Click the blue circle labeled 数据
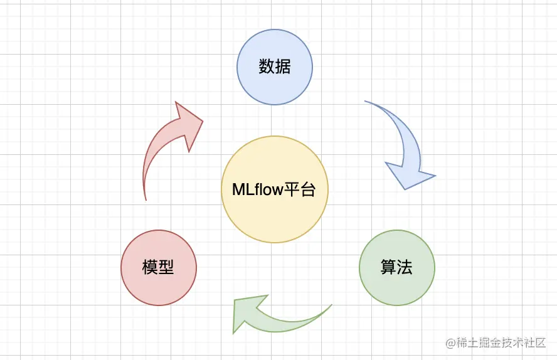point(274,67)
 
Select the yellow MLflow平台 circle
point(275,189)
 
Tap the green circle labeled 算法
point(396,268)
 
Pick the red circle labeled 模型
point(158,268)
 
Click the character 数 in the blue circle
point(267,67)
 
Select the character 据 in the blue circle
point(282,67)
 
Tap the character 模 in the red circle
point(150,268)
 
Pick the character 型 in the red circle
point(166,268)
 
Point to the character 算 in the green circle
point(388,268)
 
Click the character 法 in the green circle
point(405,268)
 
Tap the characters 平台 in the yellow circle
point(301,189)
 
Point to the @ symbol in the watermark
point(450,343)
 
